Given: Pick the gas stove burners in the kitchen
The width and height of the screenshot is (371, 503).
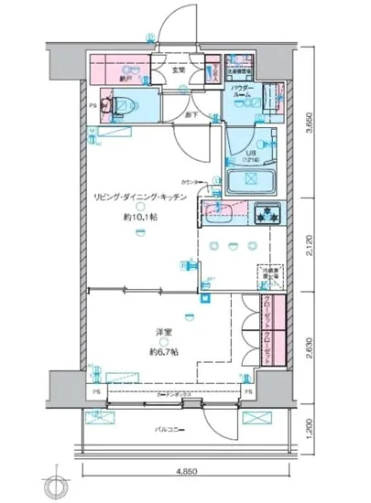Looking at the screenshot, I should [x=270, y=214].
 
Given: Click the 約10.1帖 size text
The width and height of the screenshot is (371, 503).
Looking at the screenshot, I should [x=139, y=219].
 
